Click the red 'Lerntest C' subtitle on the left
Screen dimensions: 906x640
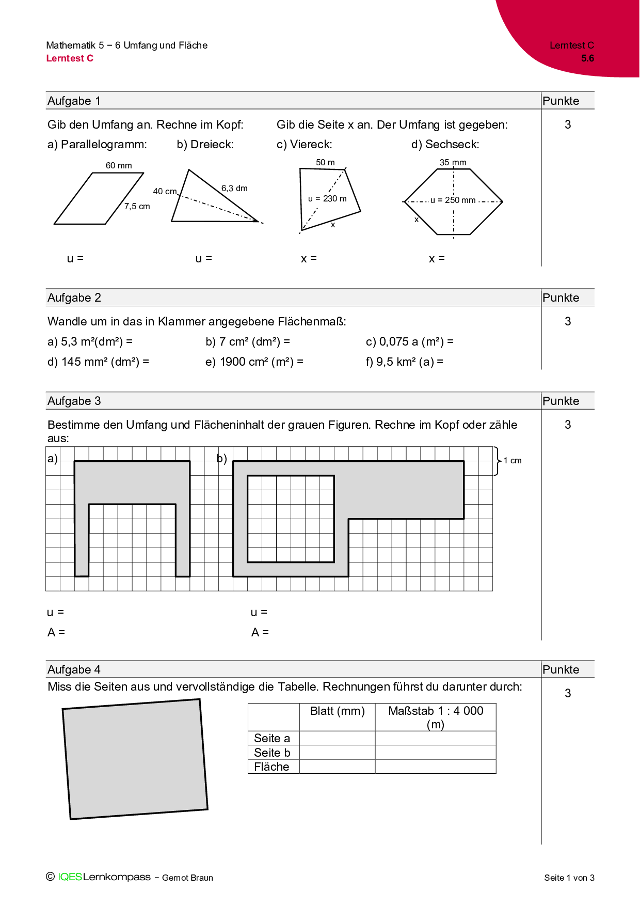(70, 58)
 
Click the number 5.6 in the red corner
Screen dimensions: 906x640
(587, 58)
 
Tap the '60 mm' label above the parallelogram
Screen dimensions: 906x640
(119, 165)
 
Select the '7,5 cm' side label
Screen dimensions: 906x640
(137, 206)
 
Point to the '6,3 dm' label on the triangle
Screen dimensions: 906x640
(234, 188)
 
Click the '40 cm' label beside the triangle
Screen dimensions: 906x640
(165, 191)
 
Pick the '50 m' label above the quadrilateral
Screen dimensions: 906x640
(325, 162)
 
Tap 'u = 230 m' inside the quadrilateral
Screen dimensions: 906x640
(327, 198)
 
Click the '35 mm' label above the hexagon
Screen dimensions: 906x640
(453, 162)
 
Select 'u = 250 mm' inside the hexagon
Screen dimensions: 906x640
(453, 200)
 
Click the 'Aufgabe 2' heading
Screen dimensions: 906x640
(74, 298)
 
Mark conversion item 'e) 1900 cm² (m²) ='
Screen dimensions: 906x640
(254, 362)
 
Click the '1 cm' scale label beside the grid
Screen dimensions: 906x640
(513, 460)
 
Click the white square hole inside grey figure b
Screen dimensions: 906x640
(291, 519)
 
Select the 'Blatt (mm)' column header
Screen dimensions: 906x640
(337, 711)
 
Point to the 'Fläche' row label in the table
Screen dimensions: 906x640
(271, 767)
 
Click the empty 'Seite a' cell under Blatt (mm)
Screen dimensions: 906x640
(337, 738)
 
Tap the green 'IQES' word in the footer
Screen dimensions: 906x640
(70, 877)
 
